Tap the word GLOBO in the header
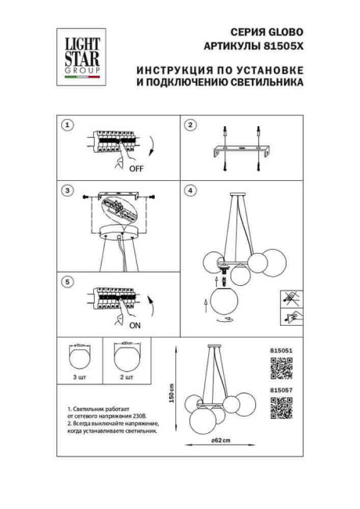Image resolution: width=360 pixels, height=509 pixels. (284, 32)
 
